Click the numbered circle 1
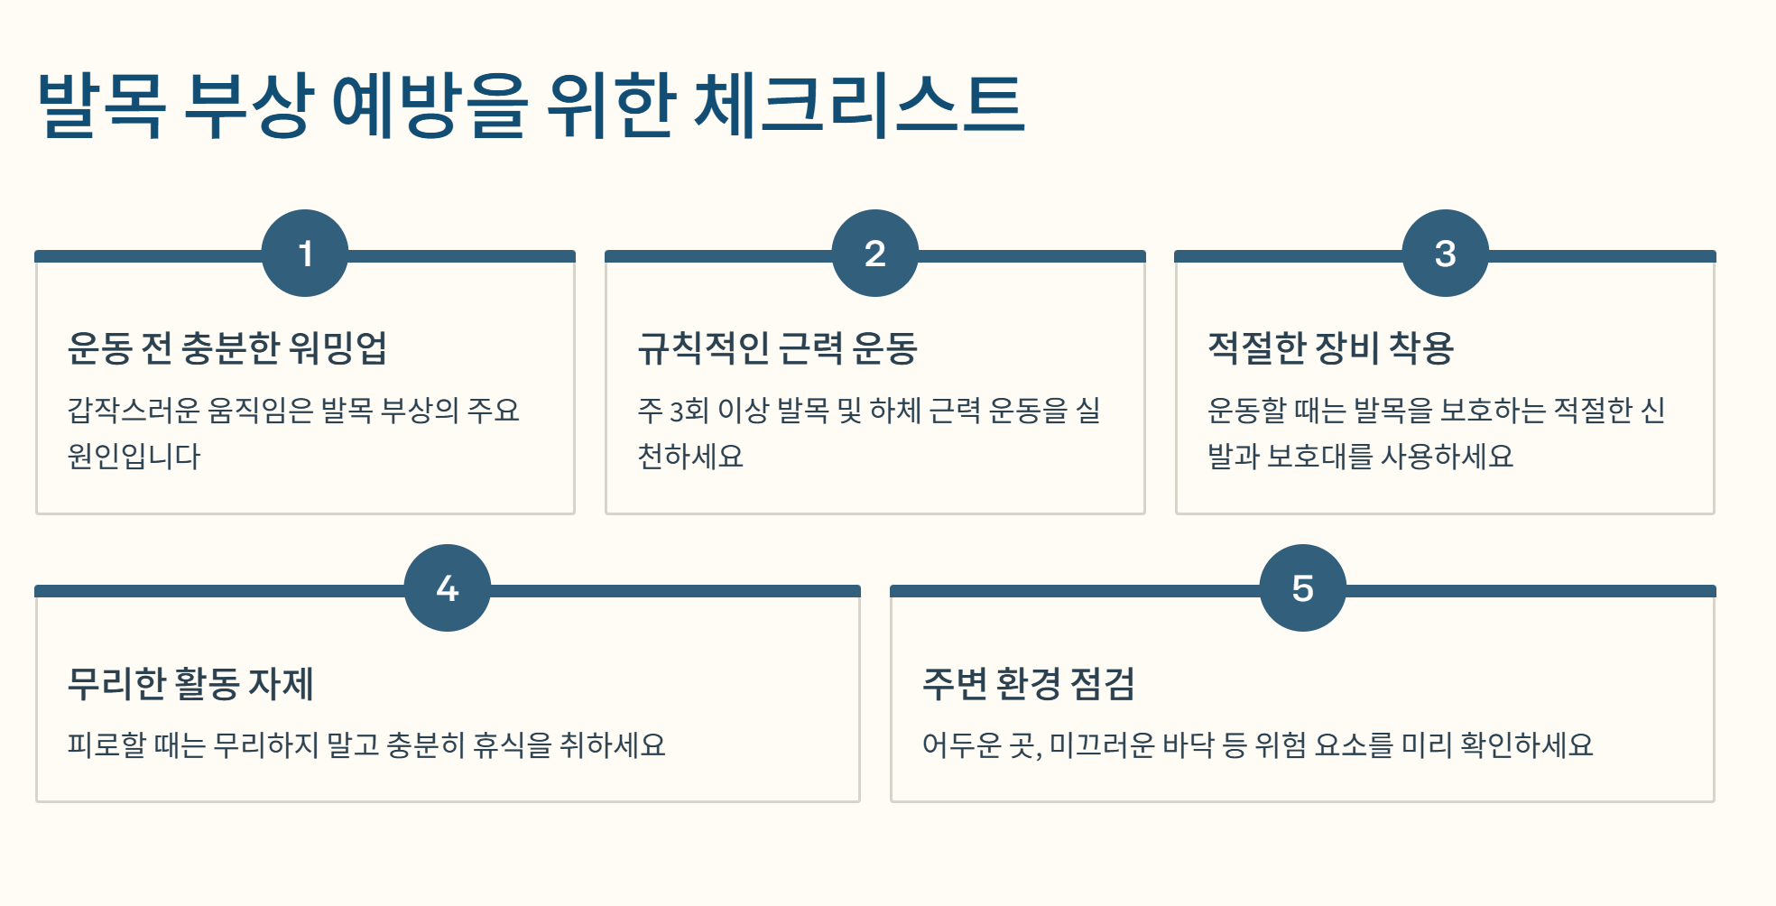[305, 254]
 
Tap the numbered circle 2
[874, 254]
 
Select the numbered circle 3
[1445, 254]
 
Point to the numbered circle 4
[448, 588]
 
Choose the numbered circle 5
[1302, 588]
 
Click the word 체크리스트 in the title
[859, 105]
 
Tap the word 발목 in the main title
[101, 105]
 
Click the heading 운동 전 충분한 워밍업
[227, 347]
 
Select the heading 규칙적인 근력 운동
[777, 347]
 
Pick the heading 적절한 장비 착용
[1330, 347]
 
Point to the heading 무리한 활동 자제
[190, 683]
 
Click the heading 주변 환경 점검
[1028, 683]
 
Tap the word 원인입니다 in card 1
[134, 456]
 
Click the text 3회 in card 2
[689, 411]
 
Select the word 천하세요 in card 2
[690, 456]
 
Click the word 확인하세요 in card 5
[1527, 744]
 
